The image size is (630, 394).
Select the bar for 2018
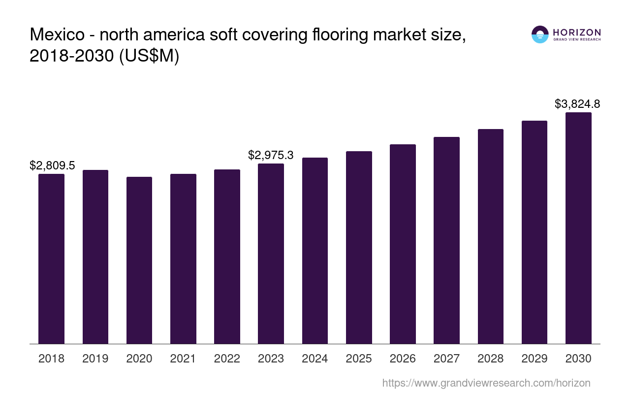pyautogui.click(x=51, y=259)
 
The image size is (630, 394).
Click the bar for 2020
pyautogui.click(x=139, y=260)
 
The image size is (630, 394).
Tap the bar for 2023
pyautogui.click(x=271, y=254)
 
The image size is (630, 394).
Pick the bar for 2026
pyautogui.click(x=403, y=244)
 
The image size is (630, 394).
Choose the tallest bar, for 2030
pyautogui.click(x=578, y=228)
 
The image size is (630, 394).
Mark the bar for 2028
pyautogui.click(x=490, y=236)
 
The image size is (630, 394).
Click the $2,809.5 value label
pyautogui.click(x=52, y=165)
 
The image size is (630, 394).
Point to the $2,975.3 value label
pyautogui.click(x=271, y=155)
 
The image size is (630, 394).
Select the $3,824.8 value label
pyautogui.click(x=577, y=104)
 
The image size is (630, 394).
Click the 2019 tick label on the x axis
pyautogui.click(x=95, y=359)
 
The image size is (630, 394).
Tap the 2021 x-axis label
pyautogui.click(x=183, y=359)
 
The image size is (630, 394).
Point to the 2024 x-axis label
pyautogui.click(x=315, y=359)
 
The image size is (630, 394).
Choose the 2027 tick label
pyautogui.click(x=446, y=359)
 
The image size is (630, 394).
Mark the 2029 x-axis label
pyautogui.click(x=535, y=359)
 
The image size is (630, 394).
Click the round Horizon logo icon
pyautogui.click(x=540, y=34)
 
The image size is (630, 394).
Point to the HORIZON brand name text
pyautogui.click(x=576, y=33)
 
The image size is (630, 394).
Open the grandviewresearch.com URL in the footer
pyautogui.click(x=486, y=383)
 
